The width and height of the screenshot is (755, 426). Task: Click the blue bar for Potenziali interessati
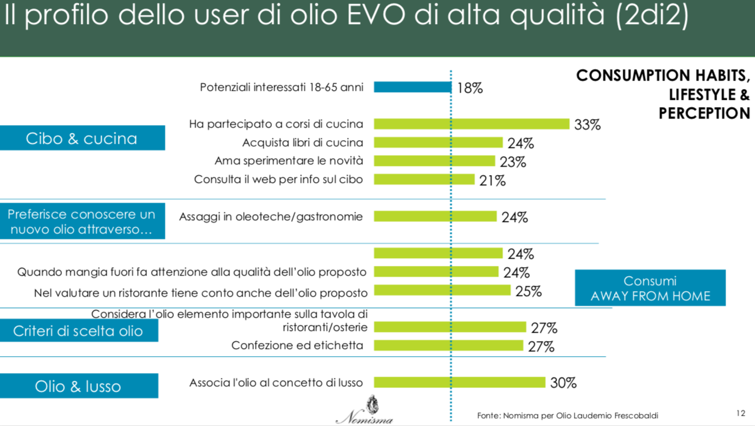(412, 87)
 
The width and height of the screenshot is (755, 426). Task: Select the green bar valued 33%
(471, 124)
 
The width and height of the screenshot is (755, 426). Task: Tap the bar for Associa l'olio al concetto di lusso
(459, 382)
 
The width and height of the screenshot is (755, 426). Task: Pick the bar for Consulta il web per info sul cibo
(424, 179)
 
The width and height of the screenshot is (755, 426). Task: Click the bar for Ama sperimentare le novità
(434, 161)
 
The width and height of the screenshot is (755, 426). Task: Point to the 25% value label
(528, 291)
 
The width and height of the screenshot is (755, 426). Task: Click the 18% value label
(470, 88)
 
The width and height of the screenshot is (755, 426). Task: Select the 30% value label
(563, 383)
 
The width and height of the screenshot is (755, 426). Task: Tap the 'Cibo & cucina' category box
(82, 138)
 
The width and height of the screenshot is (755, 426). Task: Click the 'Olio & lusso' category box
(79, 386)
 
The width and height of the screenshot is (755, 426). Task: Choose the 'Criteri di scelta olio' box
(79, 331)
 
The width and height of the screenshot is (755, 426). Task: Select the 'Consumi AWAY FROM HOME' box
(650, 288)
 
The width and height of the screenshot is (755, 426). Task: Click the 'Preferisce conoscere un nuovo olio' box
(82, 221)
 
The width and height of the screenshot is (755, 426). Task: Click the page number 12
(741, 413)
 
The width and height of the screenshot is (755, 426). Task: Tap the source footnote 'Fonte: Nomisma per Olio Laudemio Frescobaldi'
(567, 415)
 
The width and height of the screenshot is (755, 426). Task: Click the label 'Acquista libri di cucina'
(303, 143)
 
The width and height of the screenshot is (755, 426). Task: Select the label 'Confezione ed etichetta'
(297, 345)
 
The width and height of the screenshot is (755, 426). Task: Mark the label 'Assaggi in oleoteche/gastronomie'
(271, 217)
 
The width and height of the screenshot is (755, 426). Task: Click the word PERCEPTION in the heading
(704, 113)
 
